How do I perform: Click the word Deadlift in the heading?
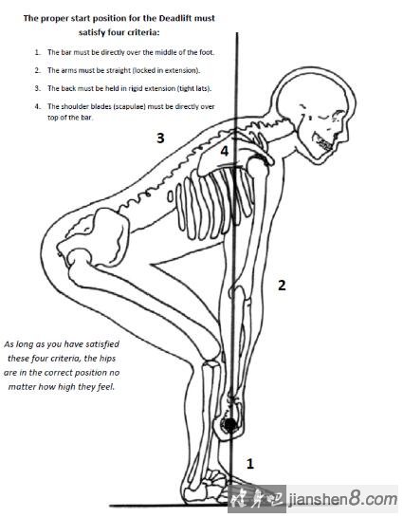click(175, 18)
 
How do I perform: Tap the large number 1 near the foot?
click(250, 464)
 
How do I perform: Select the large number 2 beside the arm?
click(282, 286)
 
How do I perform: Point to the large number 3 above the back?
click(160, 138)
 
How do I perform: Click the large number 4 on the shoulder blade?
click(225, 151)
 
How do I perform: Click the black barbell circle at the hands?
click(230, 424)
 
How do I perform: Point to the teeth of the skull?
click(325, 142)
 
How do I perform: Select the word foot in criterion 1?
click(207, 52)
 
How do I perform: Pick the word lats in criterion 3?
click(204, 88)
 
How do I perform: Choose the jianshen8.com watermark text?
click(343, 500)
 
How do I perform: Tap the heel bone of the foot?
click(193, 495)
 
